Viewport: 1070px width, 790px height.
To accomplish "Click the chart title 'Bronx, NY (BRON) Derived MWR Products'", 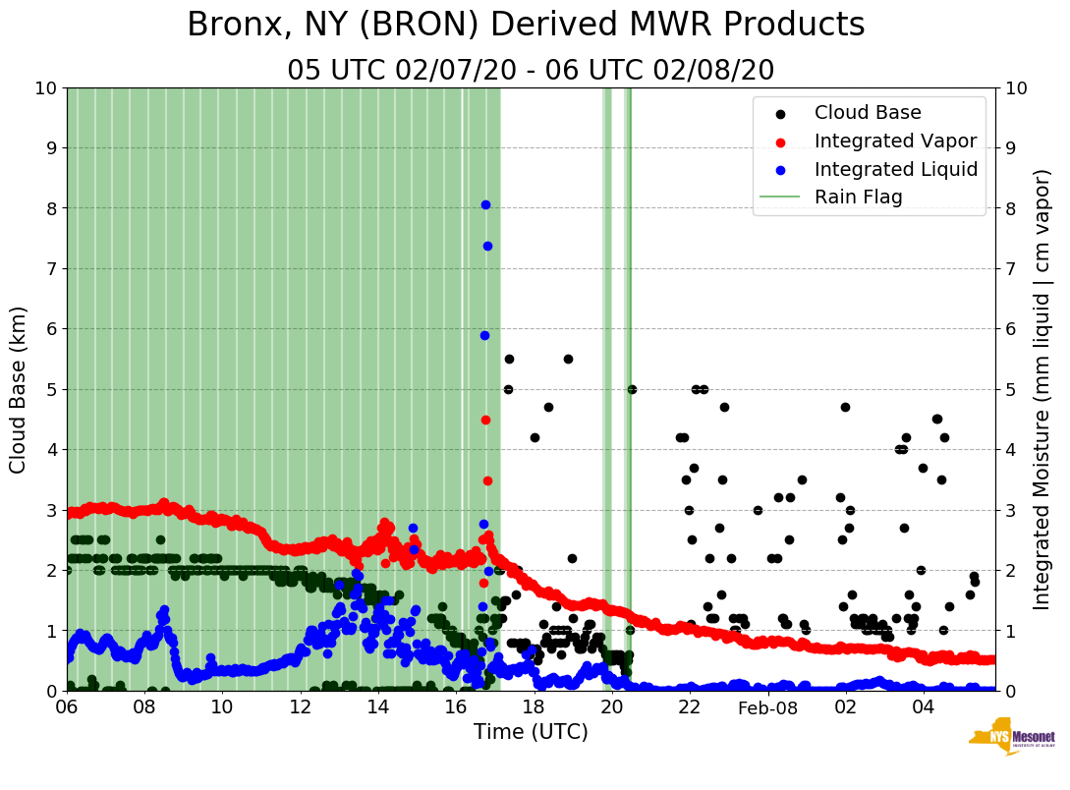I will pyautogui.click(x=526, y=25).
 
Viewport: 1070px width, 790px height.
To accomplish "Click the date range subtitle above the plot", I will pyautogui.click(x=531, y=70).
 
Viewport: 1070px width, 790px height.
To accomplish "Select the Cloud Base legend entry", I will pyautogui.click(x=868, y=113).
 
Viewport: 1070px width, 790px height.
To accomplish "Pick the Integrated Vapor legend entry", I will pyautogui.click(x=895, y=141).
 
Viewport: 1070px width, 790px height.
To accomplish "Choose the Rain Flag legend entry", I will pyautogui.click(x=858, y=197).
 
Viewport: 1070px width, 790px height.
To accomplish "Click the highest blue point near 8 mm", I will pyautogui.click(x=485, y=204).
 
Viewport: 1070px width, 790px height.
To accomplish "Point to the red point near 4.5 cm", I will pyautogui.click(x=485, y=420).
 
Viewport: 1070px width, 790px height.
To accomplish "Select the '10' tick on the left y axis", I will pyautogui.click(x=45, y=88).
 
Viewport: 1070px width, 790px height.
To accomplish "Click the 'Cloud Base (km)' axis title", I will pyautogui.click(x=19, y=389).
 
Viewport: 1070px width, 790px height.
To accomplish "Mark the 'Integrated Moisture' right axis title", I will pyautogui.click(x=1042, y=389).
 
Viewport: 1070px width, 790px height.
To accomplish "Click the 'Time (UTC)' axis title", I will pyautogui.click(x=531, y=732).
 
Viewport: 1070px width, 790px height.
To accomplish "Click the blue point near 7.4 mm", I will pyautogui.click(x=487, y=246).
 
